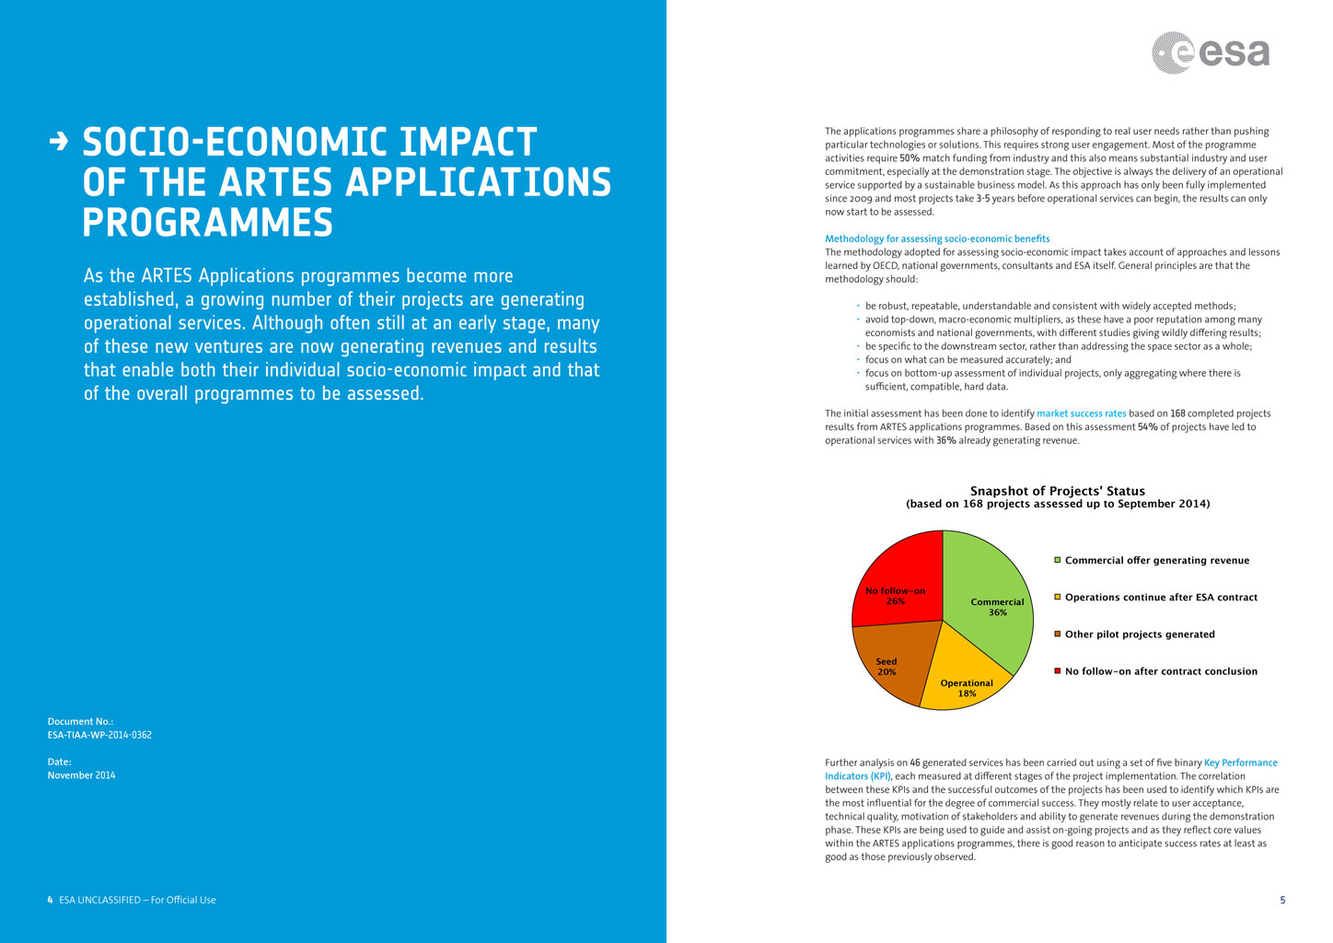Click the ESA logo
pos(1211,52)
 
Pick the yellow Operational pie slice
pos(962,677)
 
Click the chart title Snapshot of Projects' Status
pos(1058,491)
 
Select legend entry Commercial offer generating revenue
pos(1156,560)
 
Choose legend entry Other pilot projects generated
pos(1139,634)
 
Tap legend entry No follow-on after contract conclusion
pos(1160,671)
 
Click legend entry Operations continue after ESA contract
pos(1160,598)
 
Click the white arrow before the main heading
pos(59,142)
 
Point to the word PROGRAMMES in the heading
pos(207,223)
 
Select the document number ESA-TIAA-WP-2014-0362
pos(99,735)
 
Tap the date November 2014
pos(82,775)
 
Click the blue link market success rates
pos(1081,413)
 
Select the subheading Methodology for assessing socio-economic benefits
pos(937,239)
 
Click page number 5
pos(1282,900)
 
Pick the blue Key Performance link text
pos(1240,763)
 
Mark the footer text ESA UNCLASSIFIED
pos(99,900)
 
